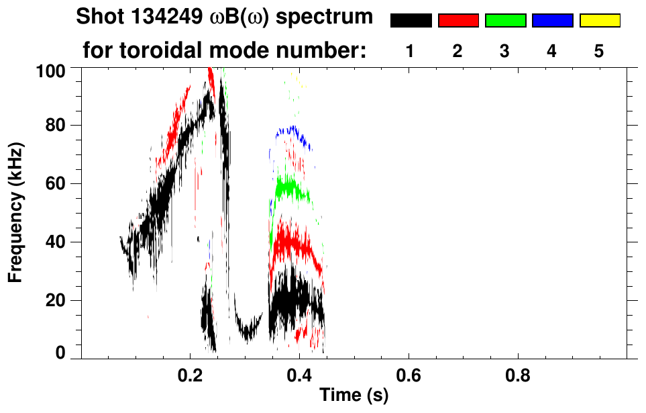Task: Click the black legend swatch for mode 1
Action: [x=411, y=21]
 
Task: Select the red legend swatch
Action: [x=458, y=21]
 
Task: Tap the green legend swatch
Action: [x=505, y=21]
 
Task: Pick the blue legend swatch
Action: [x=552, y=21]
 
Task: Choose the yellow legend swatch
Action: [x=600, y=21]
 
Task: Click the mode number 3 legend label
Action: [x=505, y=51]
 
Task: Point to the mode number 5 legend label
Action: [x=600, y=51]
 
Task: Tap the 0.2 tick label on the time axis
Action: [x=190, y=376]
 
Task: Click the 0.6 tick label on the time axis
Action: [x=408, y=376]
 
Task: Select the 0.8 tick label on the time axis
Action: [x=517, y=376]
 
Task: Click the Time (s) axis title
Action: [x=354, y=396]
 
